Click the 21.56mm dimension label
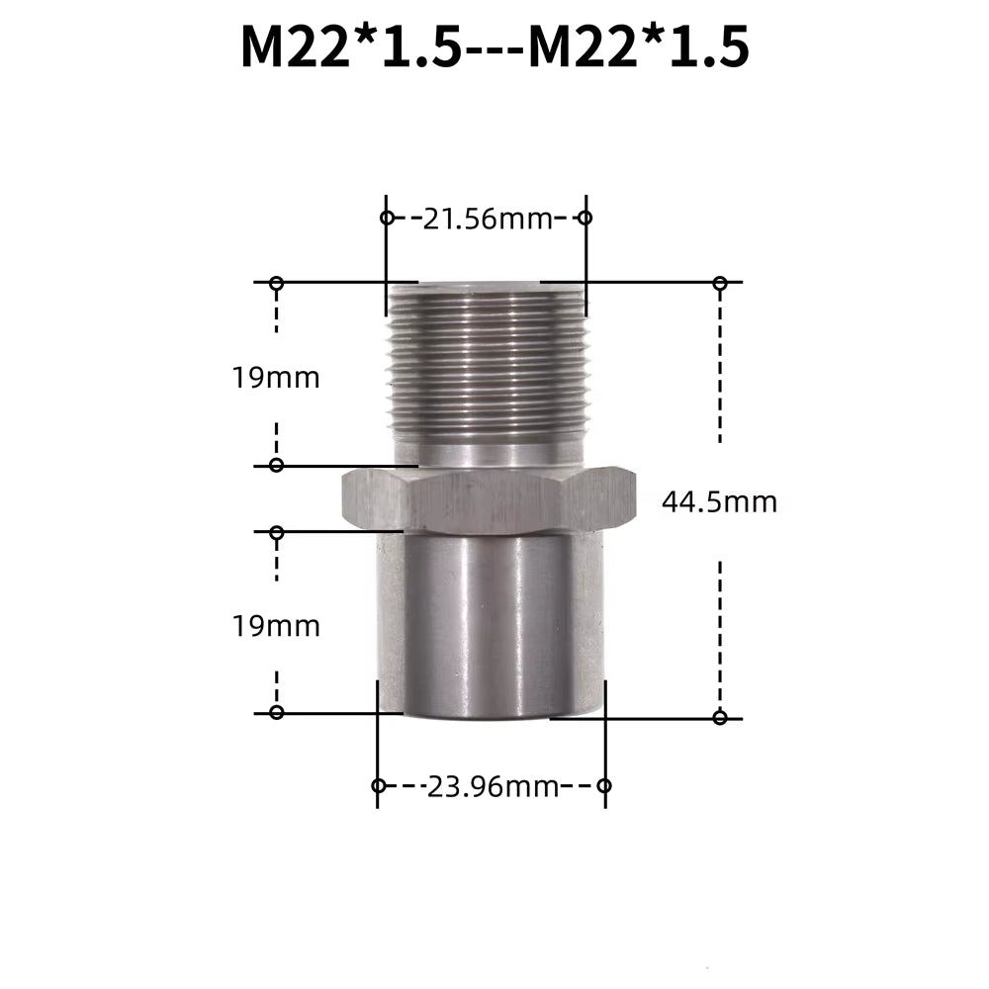[486, 219]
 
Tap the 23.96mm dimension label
[493, 787]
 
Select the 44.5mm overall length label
[719, 502]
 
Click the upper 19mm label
[277, 377]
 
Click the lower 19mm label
[277, 626]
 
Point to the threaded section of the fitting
[487, 361]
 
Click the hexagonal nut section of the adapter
[487, 500]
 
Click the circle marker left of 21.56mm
[387, 218]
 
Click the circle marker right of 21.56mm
[584, 218]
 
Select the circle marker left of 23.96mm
[378, 786]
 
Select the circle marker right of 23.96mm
[605, 786]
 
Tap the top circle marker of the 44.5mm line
[720, 284]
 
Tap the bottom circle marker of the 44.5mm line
[720, 717]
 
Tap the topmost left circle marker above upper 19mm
[277, 284]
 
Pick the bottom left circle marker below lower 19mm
[277, 712]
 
